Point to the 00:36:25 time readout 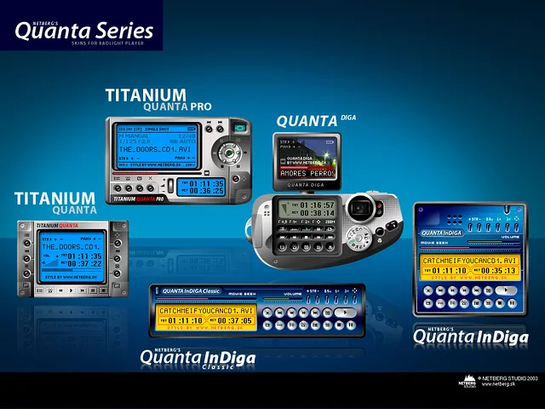pos(206,192)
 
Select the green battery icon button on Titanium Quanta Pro pos(241,128)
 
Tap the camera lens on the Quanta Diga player pos(362,207)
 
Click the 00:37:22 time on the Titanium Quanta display pos(84,264)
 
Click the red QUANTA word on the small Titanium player pos(69,226)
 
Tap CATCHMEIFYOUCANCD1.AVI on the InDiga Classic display pos(206,311)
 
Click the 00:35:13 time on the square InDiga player pos(493,271)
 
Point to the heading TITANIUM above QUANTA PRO pos(146,95)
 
